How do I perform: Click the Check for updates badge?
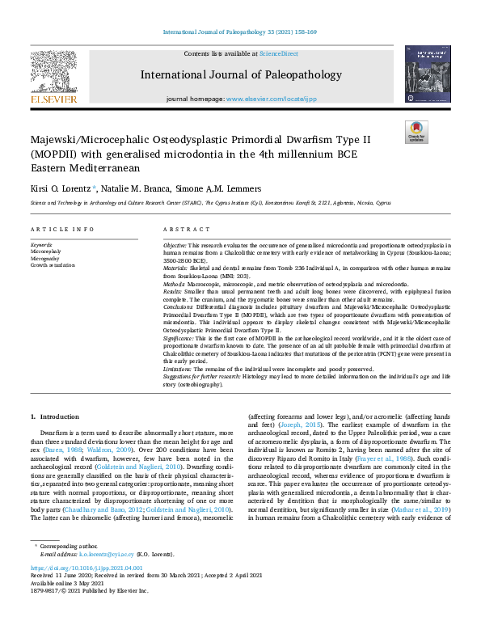[416, 131]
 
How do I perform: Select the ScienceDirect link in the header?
[279, 53]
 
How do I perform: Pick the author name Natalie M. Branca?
[139, 188]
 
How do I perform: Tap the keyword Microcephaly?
[45, 251]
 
